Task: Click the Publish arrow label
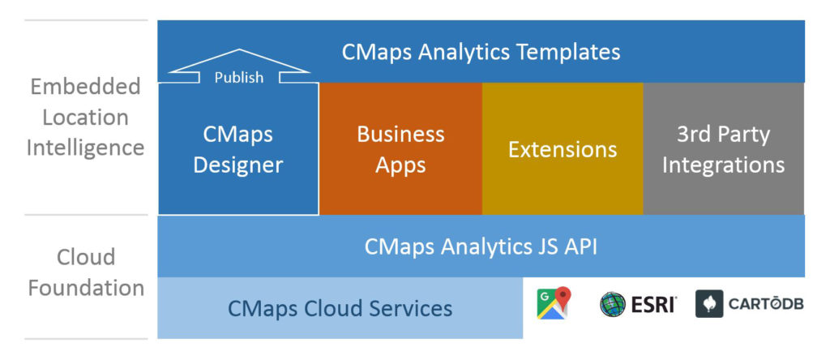click(238, 77)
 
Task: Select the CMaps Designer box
click(238, 149)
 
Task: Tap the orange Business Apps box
click(400, 149)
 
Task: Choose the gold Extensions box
click(563, 149)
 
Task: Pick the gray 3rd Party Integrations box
click(723, 149)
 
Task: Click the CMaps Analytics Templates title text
click(481, 52)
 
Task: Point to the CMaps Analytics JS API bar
click(481, 246)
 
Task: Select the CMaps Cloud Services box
click(340, 308)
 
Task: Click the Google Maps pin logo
click(554, 303)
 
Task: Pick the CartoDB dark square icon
click(709, 304)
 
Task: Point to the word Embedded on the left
click(85, 86)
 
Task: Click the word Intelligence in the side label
click(85, 148)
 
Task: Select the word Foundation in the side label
click(85, 288)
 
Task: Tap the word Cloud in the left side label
click(85, 257)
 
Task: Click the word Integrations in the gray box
click(723, 165)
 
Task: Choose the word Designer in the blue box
click(238, 165)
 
